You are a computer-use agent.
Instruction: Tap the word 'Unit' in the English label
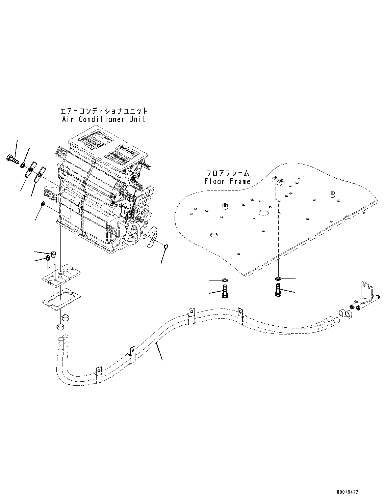pos(137,119)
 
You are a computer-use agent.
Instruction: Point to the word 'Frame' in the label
pos(239,181)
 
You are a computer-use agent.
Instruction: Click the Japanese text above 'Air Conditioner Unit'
pos(104,111)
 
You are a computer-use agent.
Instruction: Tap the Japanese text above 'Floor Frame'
pos(228,173)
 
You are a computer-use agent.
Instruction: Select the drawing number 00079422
pos(347,492)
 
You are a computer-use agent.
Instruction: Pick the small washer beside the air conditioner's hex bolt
pos(22,165)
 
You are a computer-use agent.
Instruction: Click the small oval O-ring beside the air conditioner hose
pos(166,247)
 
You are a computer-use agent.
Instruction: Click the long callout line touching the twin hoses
pos(160,351)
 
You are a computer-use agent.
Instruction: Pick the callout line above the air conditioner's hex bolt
pos(16,147)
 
